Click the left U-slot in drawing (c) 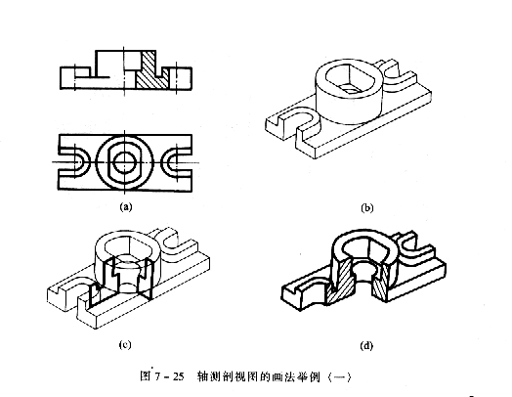click(x=65, y=289)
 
